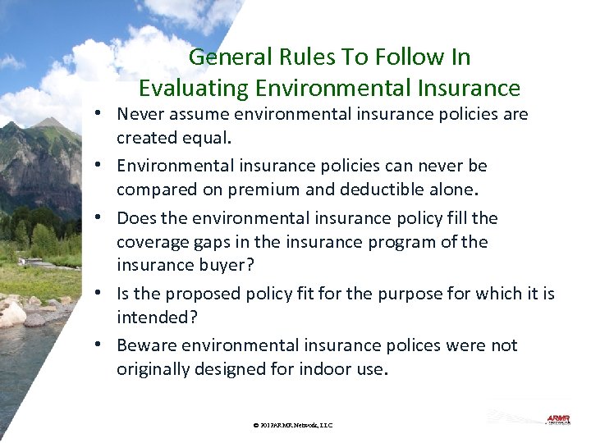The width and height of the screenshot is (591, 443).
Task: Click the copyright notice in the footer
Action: (x=293, y=425)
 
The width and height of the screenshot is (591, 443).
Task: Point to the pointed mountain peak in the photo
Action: (x=51, y=122)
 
